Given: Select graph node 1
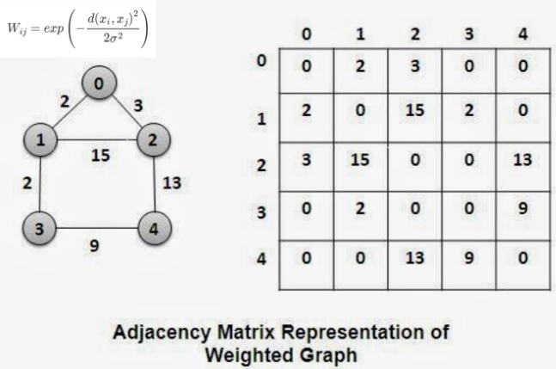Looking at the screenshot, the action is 38,139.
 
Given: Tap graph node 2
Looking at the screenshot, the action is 154,140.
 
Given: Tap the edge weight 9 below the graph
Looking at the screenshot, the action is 95,245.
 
